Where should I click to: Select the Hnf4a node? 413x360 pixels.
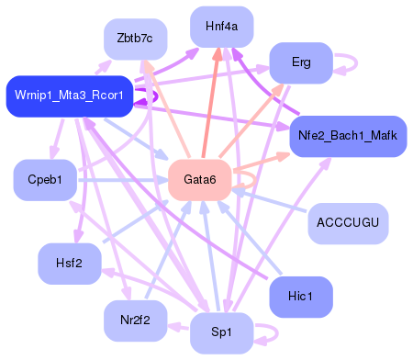(x=221, y=27)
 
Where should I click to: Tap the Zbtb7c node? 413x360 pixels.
(x=135, y=39)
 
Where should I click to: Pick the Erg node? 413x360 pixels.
(x=300, y=63)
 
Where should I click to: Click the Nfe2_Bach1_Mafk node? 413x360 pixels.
(x=348, y=137)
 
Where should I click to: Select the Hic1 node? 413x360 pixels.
(x=300, y=297)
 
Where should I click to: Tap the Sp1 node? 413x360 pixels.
(x=221, y=332)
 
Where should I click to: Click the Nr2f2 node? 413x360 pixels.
(x=135, y=321)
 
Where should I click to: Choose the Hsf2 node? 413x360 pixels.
(x=69, y=264)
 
